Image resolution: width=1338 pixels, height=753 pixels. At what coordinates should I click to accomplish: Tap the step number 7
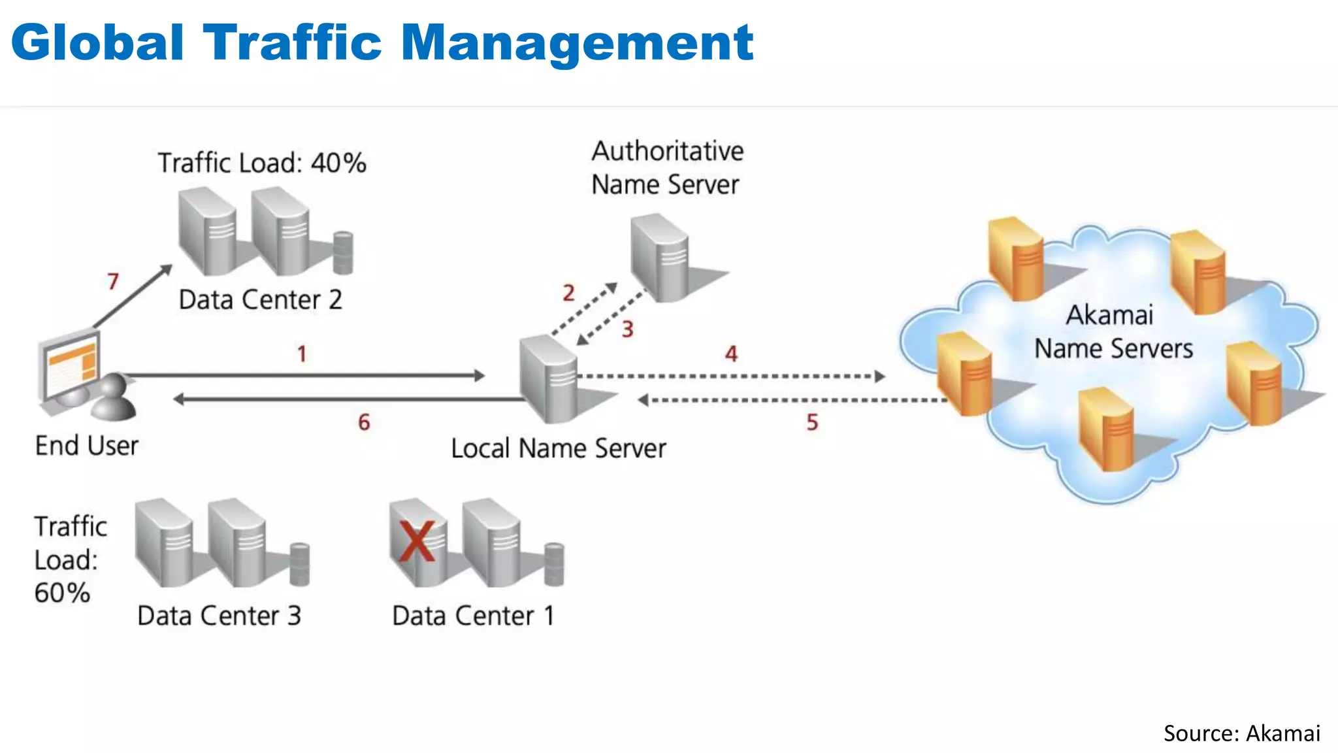click(113, 281)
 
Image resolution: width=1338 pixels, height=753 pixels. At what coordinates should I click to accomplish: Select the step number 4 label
click(731, 354)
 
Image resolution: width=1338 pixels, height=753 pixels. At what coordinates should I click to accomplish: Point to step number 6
click(364, 422)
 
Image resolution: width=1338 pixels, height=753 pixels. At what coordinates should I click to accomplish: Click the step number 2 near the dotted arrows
click(568, 293)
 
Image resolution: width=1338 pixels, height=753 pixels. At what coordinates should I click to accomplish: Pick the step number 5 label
click(812, 422)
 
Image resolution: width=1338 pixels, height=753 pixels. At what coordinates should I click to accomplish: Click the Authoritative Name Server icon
click(660, 258)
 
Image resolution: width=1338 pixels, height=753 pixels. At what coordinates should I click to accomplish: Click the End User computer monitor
click(71, 366)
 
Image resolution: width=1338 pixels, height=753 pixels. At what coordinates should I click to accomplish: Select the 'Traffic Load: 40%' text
click(262, 163)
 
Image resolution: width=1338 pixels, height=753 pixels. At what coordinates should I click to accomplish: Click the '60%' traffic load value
click(62, 593)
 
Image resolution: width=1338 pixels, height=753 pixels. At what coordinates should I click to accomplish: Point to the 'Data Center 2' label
click(260, 300)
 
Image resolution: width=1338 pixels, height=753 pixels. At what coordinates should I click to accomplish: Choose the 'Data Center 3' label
click(219, 616)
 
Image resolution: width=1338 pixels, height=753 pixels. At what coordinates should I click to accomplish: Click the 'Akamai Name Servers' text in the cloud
click(1113, 332)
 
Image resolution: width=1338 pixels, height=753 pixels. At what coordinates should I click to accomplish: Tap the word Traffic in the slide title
click(292, 42)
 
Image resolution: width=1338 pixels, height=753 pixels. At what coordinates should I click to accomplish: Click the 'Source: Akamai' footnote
click(1241, 733)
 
